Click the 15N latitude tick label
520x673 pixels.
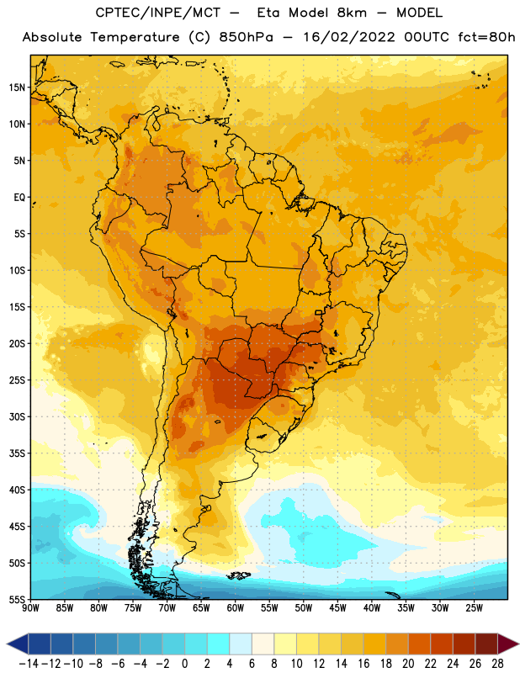coord(17,87)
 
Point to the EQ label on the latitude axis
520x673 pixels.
coord(19,198)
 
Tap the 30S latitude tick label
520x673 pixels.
coord(17,416)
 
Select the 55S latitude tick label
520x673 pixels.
coord(17,599)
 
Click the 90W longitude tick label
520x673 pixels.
coord(30,608)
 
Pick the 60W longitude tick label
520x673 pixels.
coord(236,608)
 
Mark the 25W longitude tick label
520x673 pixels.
coord(474,608)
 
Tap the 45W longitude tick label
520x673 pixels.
coord(337,608)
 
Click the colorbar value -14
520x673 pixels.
coord(29,664)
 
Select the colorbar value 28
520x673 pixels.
coord(497,664)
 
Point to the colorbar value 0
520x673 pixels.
coord(184,664)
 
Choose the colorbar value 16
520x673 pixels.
coord(363,664)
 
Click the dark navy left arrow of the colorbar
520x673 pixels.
coord(19,644)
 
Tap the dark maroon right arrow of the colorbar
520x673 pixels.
coord(507,644)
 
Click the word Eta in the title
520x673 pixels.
coord(268,13)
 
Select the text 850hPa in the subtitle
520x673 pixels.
coord(246,37)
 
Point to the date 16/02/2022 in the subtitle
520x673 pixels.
coord(349,37)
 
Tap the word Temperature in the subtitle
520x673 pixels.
coord(135,38)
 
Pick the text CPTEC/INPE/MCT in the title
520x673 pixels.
coord(157,13)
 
